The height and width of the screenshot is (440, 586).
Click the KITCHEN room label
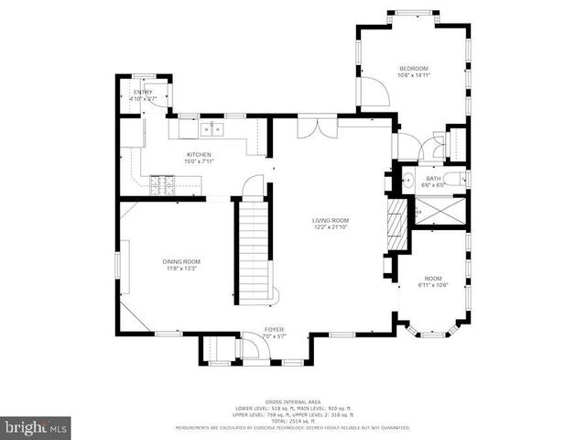pyautogui.click(x=199, y=155)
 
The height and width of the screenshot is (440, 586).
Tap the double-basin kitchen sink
pyautogui.click(x=212, y=127)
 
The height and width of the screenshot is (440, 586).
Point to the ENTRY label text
pyautogui.click(x=143, y=93)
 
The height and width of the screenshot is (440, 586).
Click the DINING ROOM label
pyautogui.click(x=182, y=261)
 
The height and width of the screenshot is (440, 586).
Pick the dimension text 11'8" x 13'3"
pyautogui.click(x=182, y=269)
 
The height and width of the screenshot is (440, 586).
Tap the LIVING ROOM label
pyautogui.click(x=331, y=220)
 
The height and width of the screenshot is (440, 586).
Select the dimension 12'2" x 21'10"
pyautogui.click(x=331, y=227)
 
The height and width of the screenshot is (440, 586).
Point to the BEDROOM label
pyautogui.click(x=413, y=69)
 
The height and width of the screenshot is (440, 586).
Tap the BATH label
pyautogui.click(x=432, y=179)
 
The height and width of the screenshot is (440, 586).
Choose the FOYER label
pyautogui.click(x=275, y=329)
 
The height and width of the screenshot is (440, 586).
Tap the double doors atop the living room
pyautogui.click(x=311, y=126)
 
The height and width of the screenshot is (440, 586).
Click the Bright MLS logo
pyautogui.click(x=36, y=427)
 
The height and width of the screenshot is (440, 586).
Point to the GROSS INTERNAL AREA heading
pyautogui.click(x=293, y=402)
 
